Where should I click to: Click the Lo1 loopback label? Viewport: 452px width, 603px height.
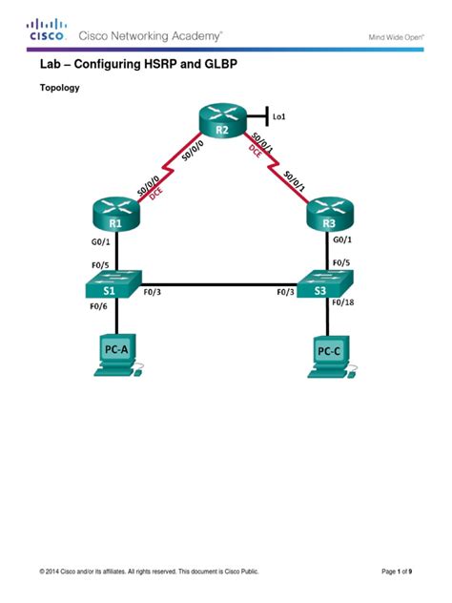coord(278,117)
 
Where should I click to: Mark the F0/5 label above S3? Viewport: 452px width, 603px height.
coord(340,262)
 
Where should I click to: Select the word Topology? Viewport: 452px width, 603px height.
coord(58,87)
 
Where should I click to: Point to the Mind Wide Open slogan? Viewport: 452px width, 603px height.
coord(395,37)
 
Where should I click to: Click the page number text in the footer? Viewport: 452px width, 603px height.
coord(397,572)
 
